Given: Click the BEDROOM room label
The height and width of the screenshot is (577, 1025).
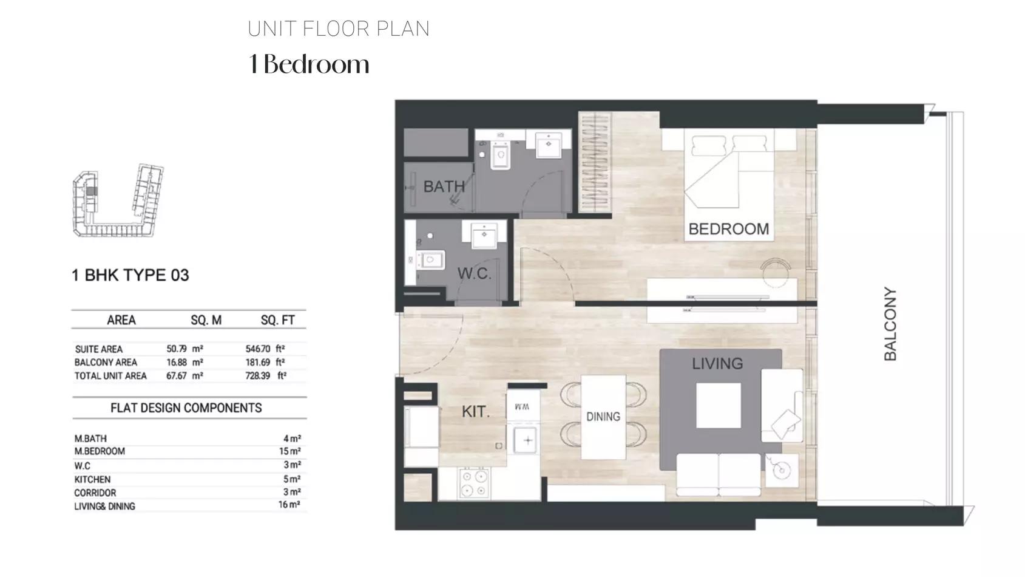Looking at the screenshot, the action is (728, 229).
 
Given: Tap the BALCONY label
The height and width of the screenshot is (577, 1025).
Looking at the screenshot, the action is (890, 324).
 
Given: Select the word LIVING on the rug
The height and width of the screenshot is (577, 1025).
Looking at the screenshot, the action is (717, 364).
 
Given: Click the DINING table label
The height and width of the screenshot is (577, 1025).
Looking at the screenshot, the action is (603, 417).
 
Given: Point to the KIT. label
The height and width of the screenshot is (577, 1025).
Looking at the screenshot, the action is (475, 412).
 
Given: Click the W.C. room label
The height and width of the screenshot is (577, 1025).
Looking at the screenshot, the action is (474, 273).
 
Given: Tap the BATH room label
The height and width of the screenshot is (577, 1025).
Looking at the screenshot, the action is (444, 186).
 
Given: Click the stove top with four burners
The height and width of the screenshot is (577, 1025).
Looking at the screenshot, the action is (474, 483).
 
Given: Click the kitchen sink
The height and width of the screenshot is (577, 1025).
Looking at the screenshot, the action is (526, 440).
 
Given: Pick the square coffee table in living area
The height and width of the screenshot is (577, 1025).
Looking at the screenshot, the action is (719, 405).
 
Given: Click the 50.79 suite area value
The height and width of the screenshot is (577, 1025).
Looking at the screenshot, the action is (177, 349).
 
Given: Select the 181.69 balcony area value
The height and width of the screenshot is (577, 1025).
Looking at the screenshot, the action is (258, 362).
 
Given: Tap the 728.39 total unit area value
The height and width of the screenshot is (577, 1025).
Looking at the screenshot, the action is (258, 376).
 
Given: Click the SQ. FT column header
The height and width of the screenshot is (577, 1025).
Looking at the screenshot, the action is (278, 320).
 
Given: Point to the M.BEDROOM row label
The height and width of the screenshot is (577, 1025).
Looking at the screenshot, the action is (100, 451).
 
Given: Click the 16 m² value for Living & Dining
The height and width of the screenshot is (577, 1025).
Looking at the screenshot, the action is (289, 505).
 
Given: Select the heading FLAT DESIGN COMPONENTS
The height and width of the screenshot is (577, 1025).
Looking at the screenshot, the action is (186, 408).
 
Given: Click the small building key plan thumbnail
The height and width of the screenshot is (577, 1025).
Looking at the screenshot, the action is (118, 200).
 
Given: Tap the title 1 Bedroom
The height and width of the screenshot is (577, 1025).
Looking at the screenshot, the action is (309, 64).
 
